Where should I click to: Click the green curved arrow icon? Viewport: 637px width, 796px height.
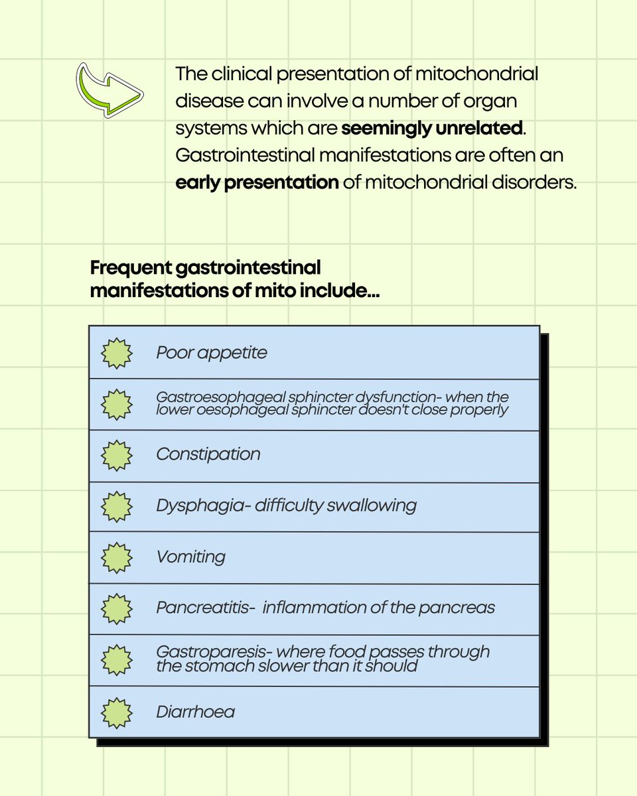pos(109,90)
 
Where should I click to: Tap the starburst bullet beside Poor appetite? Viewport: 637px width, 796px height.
pos(117,352)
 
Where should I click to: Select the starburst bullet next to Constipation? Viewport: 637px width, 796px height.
pos(117,454)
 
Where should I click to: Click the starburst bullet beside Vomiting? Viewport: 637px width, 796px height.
pos(117,557)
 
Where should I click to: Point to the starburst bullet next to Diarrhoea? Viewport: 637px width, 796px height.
pos(117,712)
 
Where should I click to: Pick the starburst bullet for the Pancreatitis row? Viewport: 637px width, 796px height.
pos(117,608)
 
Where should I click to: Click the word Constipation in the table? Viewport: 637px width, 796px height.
pos(208,454)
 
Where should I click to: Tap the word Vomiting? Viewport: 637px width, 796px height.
pos(190,557)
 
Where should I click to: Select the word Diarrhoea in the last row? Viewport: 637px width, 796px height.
pos(195,712)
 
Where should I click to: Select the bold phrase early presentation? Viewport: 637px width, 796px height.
pos(257,182)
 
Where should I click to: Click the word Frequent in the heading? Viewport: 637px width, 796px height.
pos(130,268)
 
